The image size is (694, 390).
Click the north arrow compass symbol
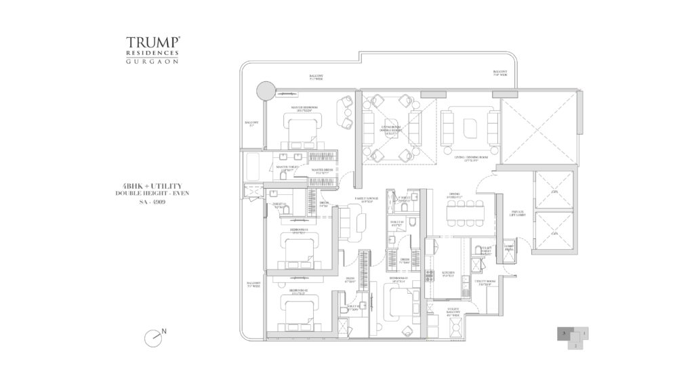click(x=155, y=336)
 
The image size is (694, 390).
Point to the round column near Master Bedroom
click(x=264, y=89)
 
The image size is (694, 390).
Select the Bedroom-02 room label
click(x=299, y=294)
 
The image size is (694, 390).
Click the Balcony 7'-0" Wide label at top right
click(x=500, y=73)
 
